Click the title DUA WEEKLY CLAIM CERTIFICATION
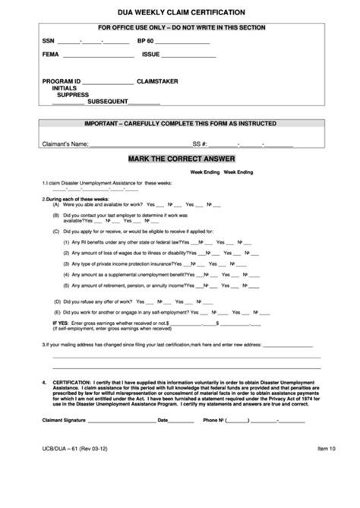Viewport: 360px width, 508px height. click(x=180, y=12)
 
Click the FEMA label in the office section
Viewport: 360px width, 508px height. click(x=51, y=55)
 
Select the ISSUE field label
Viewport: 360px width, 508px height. click(x=151, y=55)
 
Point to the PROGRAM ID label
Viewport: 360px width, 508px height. click(x=62, y=80)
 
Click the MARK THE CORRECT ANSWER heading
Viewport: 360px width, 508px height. click(x=180, y=158)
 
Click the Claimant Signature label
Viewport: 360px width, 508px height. click(x=66, y=420)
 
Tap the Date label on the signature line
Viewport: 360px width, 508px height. click(x=163, y=420)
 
